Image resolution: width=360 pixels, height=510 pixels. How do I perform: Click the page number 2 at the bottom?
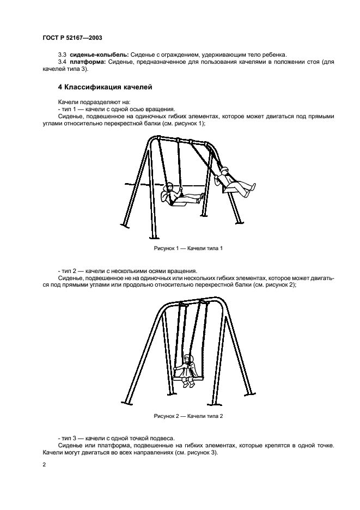[44, 464]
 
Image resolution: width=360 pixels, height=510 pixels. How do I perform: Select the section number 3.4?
[62, 62]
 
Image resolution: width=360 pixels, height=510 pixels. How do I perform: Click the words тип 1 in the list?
[69, 109]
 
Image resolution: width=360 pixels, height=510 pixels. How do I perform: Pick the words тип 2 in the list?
[69, 271]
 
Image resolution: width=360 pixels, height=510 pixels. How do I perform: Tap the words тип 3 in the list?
[69, 438]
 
